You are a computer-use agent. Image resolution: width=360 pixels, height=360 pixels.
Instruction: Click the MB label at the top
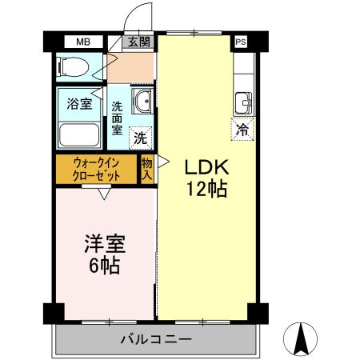(x=83, y=42)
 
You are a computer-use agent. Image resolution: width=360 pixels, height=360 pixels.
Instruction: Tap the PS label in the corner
(x=241, y=42)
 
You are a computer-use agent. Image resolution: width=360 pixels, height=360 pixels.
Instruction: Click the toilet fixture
(x=73, y=68)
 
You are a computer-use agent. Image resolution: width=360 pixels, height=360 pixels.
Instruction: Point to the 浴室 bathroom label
(x=78, y=103)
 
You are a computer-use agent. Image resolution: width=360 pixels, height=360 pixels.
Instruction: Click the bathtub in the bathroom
(x=78, y=134)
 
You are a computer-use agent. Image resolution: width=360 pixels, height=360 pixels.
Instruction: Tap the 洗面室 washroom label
(x=117, y=118)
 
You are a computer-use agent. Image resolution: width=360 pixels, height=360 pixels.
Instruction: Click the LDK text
(x=207, y=168)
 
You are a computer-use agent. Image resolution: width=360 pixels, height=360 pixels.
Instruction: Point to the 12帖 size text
(x=207, y=190)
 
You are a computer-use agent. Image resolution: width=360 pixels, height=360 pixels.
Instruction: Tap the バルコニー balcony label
(x=156, y=339)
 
